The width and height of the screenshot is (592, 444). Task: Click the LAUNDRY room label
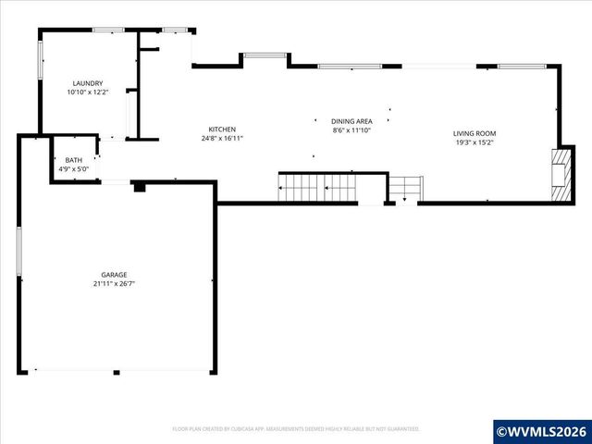pyautogui.click(x=87, y=83)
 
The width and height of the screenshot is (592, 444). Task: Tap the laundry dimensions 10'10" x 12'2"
pyautogui.click(x=87, y=92)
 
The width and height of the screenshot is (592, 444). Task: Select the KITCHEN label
pyautogui.click(x=222, y=129)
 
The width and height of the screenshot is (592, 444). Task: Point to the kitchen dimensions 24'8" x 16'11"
pyautogui.click(x=222, y=139)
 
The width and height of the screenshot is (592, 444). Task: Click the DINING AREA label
pyautogui.click(x=352, y=121)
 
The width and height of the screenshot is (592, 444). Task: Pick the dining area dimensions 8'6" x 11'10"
pyautogui.click(x=352, y=130)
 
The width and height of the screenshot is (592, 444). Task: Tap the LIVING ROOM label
pyautogui.click(x=474, y=133)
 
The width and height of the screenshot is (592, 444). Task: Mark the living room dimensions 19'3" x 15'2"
pyautogui.click(x=474, y=142)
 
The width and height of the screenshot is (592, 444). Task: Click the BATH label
pyautogui.click(x=72, y=160)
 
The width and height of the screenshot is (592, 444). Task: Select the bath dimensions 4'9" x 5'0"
pyautogui.click(x=72, y=169)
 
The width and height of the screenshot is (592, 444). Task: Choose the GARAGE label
pyautogui.click(x=115, y=275)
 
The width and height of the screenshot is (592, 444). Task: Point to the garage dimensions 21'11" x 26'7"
pyautogui.click(x=115, y=284)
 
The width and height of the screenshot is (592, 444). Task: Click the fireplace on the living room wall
pyautogui.click(x=557, y=174)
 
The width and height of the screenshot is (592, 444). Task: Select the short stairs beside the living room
pyautogui.click(x=404, y=189)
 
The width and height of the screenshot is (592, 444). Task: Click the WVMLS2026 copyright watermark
pyautogui.click(x=542, y=431)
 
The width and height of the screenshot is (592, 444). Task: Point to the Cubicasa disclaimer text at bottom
pyautogui.click(x=296, y=429)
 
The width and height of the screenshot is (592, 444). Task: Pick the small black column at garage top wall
pyautogui.click(x=139, y=187)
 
